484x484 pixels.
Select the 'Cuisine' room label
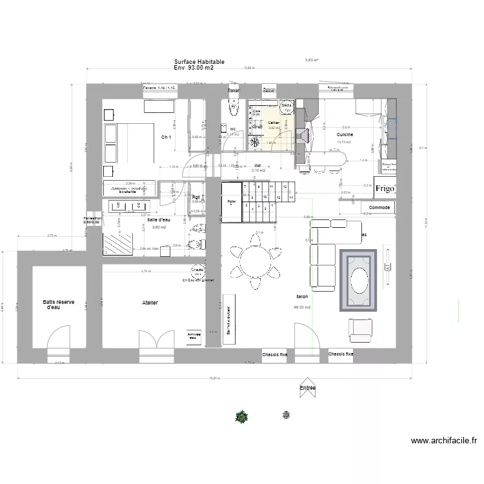click(345, 134)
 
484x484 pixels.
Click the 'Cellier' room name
click(274, 122)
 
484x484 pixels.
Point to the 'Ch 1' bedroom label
click(166, 137)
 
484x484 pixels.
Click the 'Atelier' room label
click(151, 302)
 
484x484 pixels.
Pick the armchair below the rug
click(360, 329)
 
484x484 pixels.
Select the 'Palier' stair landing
click(231, 202)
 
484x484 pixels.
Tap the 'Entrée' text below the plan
click(308, 388)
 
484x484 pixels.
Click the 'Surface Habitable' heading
click(199, 62)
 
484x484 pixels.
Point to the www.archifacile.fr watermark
click(444, 441)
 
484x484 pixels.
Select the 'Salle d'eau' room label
click(159, 220)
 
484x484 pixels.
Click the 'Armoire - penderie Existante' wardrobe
click(129, 189)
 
